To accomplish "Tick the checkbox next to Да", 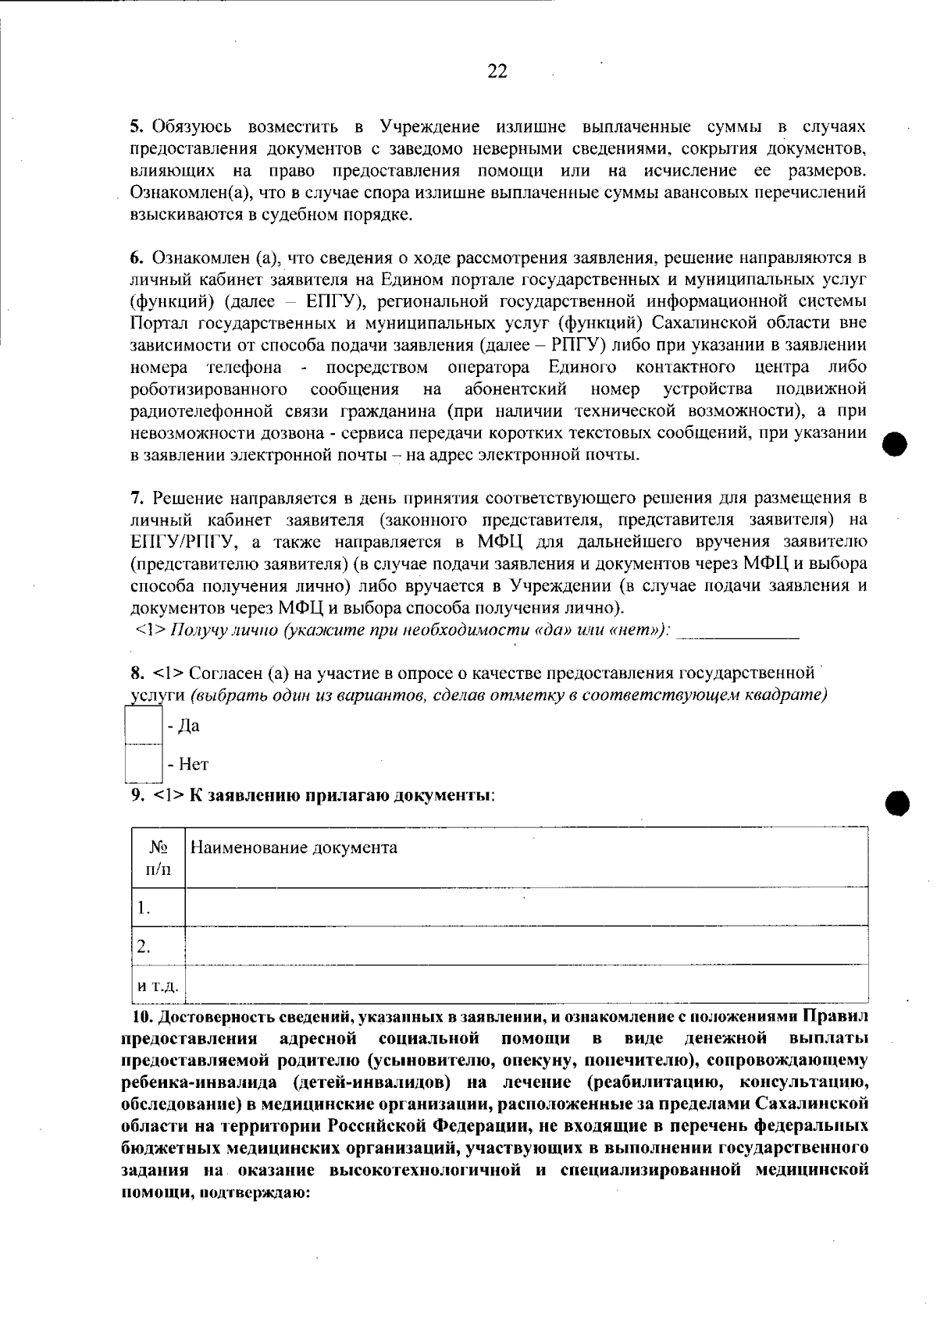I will (x=143, y=725).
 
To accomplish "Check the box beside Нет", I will (x=143, y=763).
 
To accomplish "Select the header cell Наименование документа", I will (x=294, y=848).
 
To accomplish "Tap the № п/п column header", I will (x=159, y=857).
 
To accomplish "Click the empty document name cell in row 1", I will (x=526, y=907).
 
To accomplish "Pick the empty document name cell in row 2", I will (x=526, y=946).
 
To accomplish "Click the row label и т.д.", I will (x=158, y=986).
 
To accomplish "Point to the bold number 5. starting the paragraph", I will (x=137, y=126).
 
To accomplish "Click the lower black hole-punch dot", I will (x=899, y=802).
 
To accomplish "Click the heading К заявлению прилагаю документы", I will (x=341, y=795).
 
